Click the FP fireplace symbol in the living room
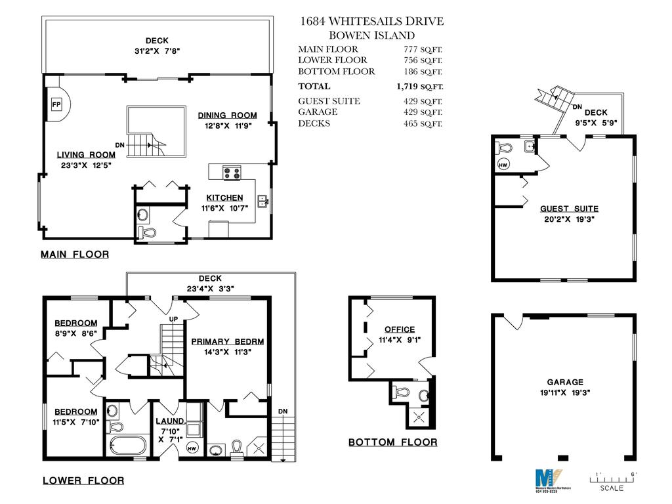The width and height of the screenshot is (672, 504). [x=56, y=104]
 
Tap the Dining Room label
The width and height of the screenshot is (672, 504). [x=228, y=115]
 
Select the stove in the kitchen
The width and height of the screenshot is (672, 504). [x=232, y=173]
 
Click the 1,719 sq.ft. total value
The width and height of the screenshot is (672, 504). [x=420, y=86]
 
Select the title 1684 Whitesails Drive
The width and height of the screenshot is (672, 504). [x=371, y=22]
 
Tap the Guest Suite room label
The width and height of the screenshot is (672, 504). [x=569, y=209]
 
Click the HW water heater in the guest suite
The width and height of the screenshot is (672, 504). [x=504, y=163]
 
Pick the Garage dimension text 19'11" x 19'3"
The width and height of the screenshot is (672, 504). [x=565, y=394]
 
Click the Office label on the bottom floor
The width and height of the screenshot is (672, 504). [x=400, y=329]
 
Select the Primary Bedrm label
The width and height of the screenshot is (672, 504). [x=228, y=341]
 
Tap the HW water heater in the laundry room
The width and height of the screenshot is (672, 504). [x=192, y=448]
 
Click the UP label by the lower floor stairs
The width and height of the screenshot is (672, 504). [x=174, y=319]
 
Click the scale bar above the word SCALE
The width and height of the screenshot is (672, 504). [x=615, y=478]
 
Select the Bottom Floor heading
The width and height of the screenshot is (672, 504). [x=392, y=442]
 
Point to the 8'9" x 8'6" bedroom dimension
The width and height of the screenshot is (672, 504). [x=75, y=333]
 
